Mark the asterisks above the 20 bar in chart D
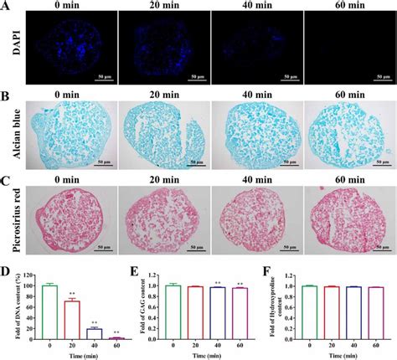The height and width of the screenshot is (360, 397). point(72,293)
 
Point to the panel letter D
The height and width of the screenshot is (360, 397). point(6,274)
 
